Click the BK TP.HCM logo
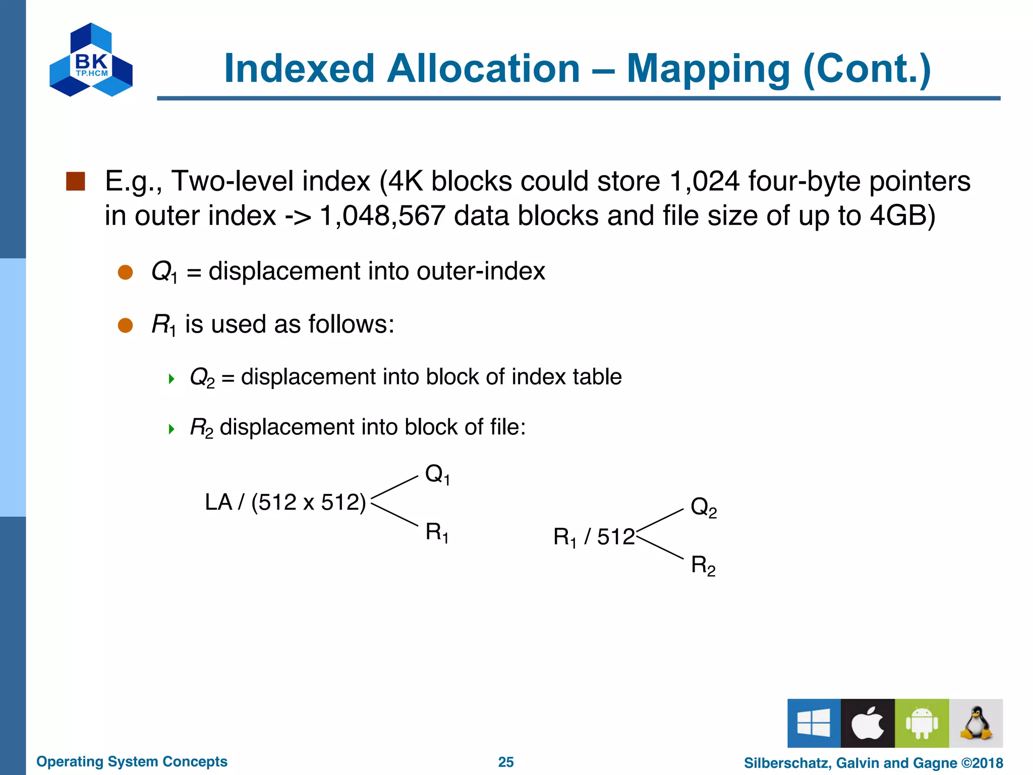point(91,60)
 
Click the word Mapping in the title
point(708,69)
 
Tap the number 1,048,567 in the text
point(382,216)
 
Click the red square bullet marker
point(76,182)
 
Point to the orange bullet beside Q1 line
point(125,272)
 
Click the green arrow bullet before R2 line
point(171,429)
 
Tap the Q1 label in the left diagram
point(437,474)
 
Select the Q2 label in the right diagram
point(703,507)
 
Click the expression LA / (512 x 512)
point(285,503)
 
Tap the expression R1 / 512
point(594,537)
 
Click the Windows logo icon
point(814,723)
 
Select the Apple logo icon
point(868,723)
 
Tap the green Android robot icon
point(922,723)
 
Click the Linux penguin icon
point(975,723)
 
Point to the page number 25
point(506,762)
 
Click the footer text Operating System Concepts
point(132,761)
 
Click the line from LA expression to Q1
point(395,487)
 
